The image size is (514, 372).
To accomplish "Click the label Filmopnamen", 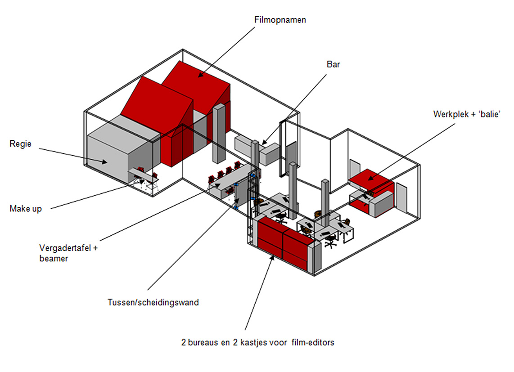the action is point(280,20).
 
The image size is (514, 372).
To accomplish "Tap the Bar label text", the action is point(333,64).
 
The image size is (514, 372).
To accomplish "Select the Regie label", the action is point(20,144).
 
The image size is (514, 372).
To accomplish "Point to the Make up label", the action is point(26,209).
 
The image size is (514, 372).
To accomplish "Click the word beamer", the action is point(54,259).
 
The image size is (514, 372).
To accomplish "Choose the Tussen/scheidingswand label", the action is point(153,302).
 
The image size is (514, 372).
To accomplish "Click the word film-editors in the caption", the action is point(313,342).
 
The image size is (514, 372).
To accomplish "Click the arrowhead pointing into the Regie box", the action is point(104,161).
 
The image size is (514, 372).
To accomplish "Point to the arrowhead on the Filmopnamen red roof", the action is point(200,75).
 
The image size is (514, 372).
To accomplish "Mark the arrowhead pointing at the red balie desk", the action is point(370,178).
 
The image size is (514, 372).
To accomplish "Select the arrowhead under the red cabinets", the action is point(272,258).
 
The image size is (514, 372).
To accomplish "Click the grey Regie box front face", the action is point(107,160).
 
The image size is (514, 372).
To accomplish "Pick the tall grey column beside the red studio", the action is point(219,134).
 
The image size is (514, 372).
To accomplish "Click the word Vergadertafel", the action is point(65,248).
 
